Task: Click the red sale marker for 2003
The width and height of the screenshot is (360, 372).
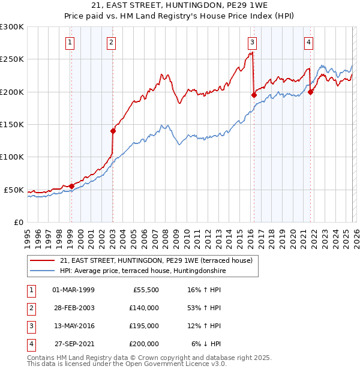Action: [113, 131]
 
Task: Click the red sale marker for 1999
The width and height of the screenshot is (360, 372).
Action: [71, 186]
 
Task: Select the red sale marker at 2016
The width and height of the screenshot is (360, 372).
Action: [254, 95]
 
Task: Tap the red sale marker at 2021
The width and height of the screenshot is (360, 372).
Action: [311, 92]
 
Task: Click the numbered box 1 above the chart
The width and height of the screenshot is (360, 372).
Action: [71, 42]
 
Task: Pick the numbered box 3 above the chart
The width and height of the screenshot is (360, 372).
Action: [253, 42]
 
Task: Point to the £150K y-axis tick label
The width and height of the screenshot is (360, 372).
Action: [12, 124]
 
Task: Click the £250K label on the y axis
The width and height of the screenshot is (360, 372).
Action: [12, 59]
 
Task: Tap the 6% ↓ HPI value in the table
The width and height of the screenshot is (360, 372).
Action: [206, 344]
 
